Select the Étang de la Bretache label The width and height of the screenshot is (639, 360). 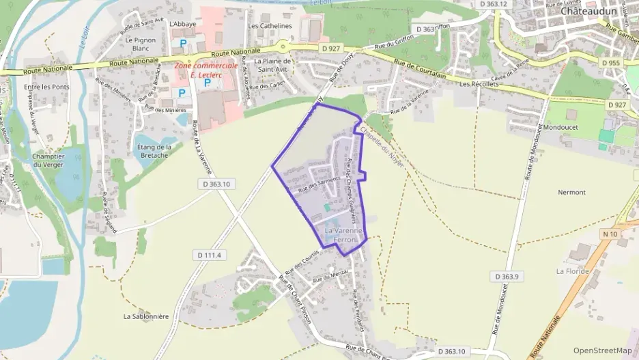154,151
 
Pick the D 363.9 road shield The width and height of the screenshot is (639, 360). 506,276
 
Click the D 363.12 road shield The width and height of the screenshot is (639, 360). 494,4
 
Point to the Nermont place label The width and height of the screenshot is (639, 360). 571,192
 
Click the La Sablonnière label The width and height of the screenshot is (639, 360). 146,316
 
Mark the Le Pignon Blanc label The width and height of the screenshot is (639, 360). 141,44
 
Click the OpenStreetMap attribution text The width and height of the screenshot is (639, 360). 602,350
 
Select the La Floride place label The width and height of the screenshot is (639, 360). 572,271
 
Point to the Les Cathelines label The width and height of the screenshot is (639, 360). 270,26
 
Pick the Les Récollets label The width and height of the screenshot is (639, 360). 476,84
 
